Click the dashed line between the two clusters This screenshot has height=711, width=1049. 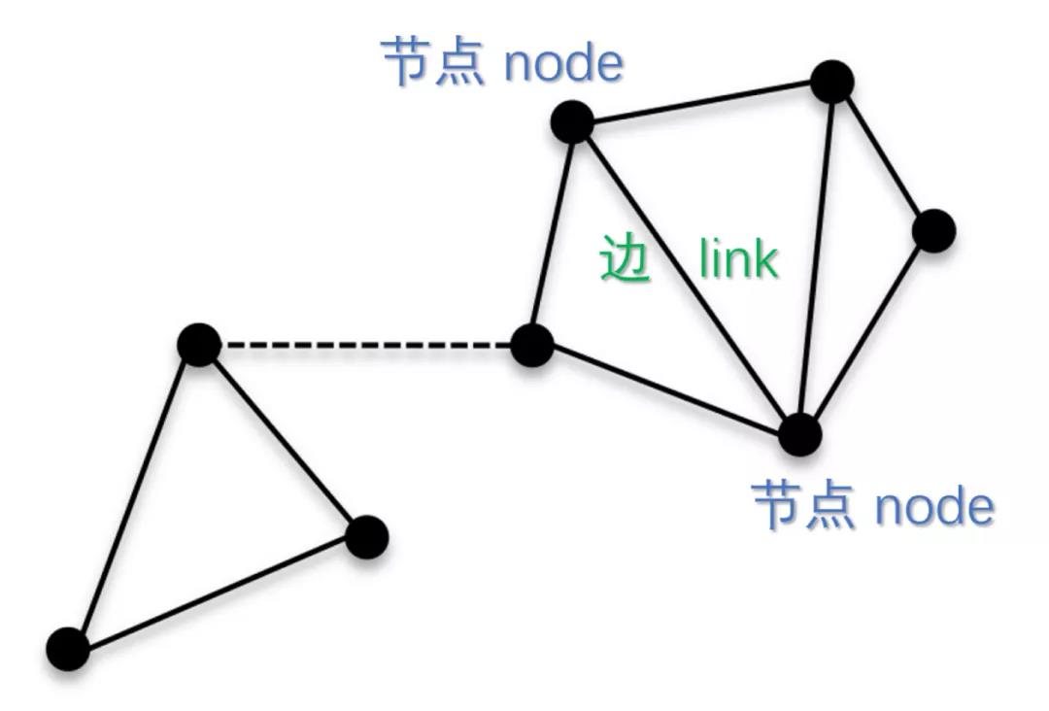[x=365, y=345]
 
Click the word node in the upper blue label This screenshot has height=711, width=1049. [x=563, y=62]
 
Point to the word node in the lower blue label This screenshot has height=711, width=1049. [x=934, y=506]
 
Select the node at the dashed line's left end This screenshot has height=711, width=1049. [x=200, y=345]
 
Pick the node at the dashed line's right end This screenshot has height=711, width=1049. [x=531, y=345]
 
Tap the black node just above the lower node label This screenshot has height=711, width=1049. [x=799, y=433]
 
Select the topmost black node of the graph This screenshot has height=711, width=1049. [x=831, y=82]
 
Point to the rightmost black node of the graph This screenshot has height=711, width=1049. [x=934, y=231]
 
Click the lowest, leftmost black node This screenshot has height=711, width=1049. [x=68, y=649]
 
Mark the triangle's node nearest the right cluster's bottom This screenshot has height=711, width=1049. [x=367, y=536]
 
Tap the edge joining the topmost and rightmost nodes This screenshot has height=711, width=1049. [x=883, y=156]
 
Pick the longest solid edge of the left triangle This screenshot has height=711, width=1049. [x=218, y=592]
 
